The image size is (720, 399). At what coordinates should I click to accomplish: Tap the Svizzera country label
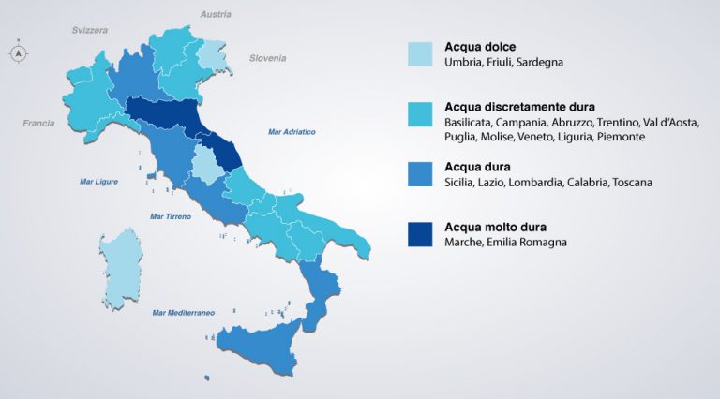pyautogui.click(x=90, y=30)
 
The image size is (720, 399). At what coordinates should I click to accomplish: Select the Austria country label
pyautogui.click(x=216, y=14)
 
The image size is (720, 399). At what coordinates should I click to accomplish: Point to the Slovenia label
pyautogui.click(x=267, y=58)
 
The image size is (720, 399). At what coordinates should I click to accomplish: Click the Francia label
pyautogui.click(x=38, y=123)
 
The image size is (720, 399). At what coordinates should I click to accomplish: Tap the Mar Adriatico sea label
pyautogui.click(x=292, y=131)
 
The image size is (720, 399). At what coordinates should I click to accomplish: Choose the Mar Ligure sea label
pyautogui.click(x=98, y=182)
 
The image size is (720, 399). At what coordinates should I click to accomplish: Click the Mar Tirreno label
pyautogui.click(x=171, y=216)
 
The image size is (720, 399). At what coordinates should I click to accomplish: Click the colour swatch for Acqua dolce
pyautogui.click(x=421, y=53)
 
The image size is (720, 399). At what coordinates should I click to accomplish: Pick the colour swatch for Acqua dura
pyautogui.click(x=421, y=173)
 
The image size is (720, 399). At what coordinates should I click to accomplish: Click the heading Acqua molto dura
pyautogui.click(x=495, y=227)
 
